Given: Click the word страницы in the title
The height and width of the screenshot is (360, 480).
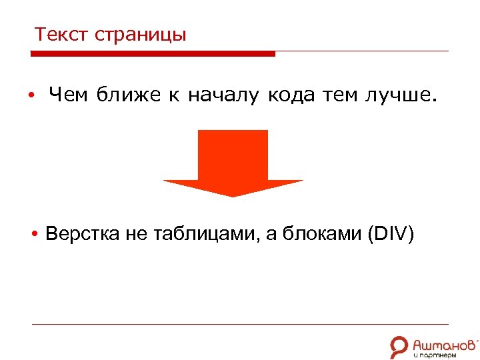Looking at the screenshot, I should coord(141,36).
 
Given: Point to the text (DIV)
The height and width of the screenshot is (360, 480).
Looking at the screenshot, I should coord(391,235).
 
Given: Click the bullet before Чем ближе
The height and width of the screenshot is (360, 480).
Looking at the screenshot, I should coord(31,97).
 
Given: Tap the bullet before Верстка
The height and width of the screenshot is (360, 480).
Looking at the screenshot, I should coord(33,235).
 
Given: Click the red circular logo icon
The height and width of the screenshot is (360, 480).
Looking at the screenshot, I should coord(399,346).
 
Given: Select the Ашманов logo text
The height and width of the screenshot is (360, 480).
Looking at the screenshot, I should coord(444,343).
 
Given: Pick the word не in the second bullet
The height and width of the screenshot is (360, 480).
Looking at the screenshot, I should coord(133,235).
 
